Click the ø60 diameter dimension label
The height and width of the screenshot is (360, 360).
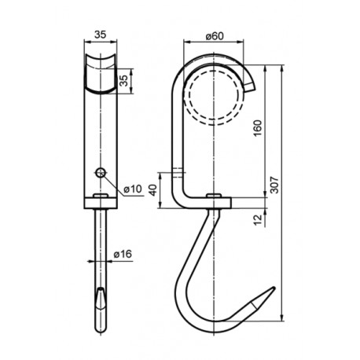click(215, 36)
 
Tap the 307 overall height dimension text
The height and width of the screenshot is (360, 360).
click(274, 185)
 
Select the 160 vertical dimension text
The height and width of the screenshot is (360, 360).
click(258, 128)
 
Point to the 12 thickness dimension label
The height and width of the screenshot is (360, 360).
click(258, 219)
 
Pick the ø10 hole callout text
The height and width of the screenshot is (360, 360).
click(133, 189)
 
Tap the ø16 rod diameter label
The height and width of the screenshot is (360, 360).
click(123, 254)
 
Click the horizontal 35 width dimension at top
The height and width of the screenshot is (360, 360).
click(101, 35)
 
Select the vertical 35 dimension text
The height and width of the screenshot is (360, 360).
click(125, 81)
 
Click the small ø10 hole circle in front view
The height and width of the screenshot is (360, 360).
click(101, 172)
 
